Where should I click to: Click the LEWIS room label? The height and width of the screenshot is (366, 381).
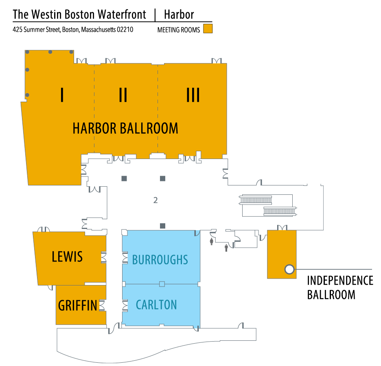(67, 257)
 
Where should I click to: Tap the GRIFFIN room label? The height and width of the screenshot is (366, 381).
(78, 305)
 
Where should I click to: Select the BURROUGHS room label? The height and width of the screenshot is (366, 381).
(160, 259)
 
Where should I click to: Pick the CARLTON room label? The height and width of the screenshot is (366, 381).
(156, 305)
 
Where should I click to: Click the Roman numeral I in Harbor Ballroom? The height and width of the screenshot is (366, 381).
(62, 95)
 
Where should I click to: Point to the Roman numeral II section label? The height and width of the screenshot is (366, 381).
(123, 95)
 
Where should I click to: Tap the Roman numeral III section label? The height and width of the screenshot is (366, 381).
(193, 95)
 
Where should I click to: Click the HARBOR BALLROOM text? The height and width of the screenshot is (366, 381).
(125, 129)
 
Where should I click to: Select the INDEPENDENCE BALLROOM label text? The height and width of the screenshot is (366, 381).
(340, 287)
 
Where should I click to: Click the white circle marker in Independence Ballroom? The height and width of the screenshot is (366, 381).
(289, 269)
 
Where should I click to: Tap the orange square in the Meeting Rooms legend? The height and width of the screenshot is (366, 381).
(208, 29)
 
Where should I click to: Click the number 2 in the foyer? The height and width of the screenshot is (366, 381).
(155, 200)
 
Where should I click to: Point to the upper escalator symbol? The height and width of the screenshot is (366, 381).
(256, 200)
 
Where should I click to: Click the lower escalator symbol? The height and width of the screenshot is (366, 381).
(279, 211)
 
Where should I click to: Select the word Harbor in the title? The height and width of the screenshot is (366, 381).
(179, 15)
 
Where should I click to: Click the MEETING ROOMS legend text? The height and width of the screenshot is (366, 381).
(179, 30)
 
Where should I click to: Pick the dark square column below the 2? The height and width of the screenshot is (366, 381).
(162, 226)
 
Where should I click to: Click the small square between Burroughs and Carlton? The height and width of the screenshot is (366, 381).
(162, 284)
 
